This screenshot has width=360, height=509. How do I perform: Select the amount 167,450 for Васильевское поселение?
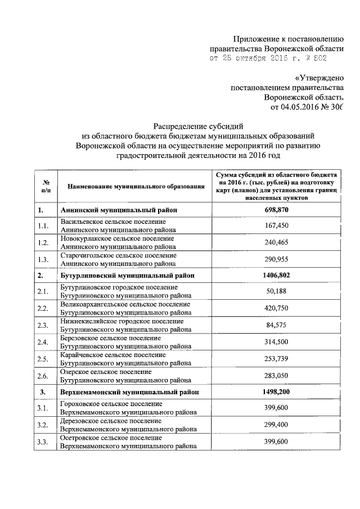[276, 226]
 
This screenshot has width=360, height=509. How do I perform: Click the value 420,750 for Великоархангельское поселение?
[276, 308]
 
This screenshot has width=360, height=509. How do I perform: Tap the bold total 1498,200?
[276, 391]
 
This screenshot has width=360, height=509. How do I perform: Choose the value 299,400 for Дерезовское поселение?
[276, 425]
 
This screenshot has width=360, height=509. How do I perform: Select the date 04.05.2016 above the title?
[297, 107]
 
